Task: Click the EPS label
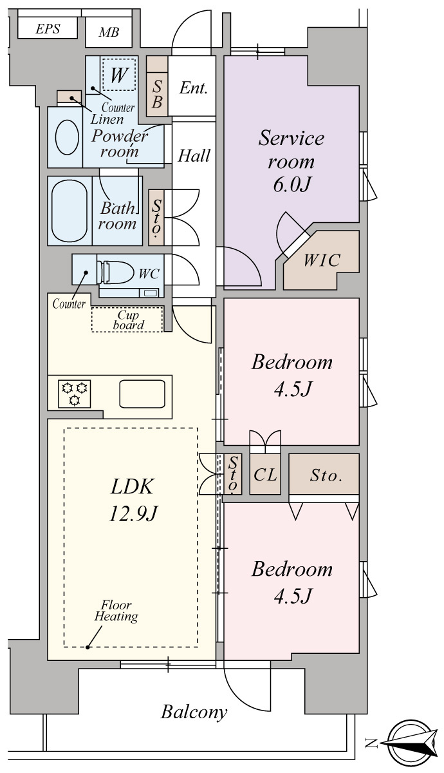point(48,28)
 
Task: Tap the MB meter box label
point(109,32)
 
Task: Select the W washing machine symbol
point(119,74)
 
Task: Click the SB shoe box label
point(157,94)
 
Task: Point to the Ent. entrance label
point(194,88)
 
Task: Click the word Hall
point(194,156)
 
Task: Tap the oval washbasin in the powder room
point(67,137)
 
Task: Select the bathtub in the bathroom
point(69,211)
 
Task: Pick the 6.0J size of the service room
point(292,185)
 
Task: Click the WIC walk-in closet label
point(322,260)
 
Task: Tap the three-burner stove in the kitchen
point(75,394)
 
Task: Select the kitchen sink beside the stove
point(142,394)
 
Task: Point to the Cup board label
point(128,320)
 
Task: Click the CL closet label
point(265,475)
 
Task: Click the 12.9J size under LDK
point(133,514)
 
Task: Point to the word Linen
point(107,119)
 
